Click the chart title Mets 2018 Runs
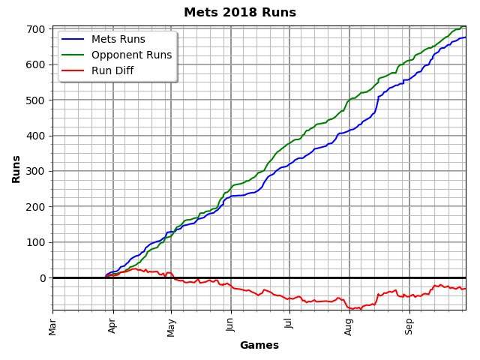(x=240, y=13)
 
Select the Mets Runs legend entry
(x=114, y=40)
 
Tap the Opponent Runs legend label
(x=130, y=55)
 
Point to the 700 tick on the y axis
(x=37, y=29)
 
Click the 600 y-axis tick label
(x=37, y=64)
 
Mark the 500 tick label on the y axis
(x=37, y=100)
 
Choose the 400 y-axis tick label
(x=37, y=136)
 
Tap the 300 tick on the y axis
(x=37, y=171)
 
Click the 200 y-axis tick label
(x=37, y=207)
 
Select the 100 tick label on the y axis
(x=37, y=242)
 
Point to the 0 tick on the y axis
(x=43, y=278)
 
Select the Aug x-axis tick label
(x=349, y=325)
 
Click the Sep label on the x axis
(x=409, y=325)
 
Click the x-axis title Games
(x=259, y=346)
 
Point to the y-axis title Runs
(x=16, y=169)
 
